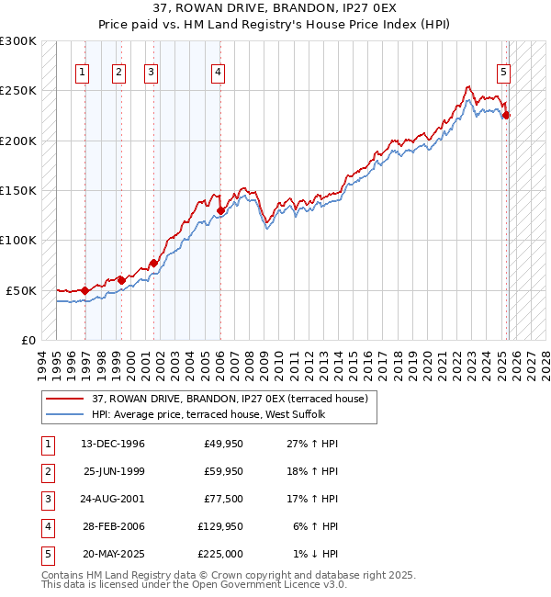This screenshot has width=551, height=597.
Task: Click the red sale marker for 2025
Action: pos(506,116)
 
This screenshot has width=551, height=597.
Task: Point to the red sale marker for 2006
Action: pos(220,210)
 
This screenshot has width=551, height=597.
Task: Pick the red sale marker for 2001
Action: pos(153,263)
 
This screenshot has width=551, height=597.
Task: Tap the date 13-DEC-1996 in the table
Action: pos(113,444)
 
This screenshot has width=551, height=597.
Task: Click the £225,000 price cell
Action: pos(223,554)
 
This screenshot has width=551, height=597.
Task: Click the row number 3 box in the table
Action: pos(46,499)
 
